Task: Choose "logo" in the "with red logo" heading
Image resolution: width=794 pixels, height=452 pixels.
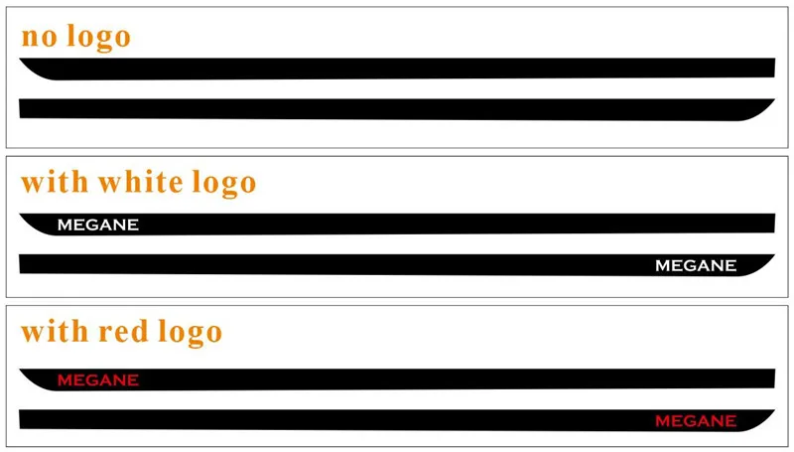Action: pyautogui.click(x=191, y=333)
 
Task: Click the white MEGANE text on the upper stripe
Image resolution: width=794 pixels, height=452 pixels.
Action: pyautogui.click(x=98, y=225)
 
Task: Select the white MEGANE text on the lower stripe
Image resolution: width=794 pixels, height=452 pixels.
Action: pyautogui.click(x=696, y=265)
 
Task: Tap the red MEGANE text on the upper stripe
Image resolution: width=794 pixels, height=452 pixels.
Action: pyautogui.click(x=98, y=379)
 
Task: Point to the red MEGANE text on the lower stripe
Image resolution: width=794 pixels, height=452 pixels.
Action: pyautogui.click(x=696, y=421)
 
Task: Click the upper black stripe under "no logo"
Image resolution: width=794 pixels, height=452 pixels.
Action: pyautogui.click(x=397, y=69)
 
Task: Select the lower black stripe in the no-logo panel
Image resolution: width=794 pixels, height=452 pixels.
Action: pyautogui.click(x=397, y=108)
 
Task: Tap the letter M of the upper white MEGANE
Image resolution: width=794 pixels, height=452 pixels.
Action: pyautogui.click(x=65, y=225)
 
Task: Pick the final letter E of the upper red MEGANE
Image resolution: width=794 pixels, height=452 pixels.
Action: pyautogui.click(x=133, y=379)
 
